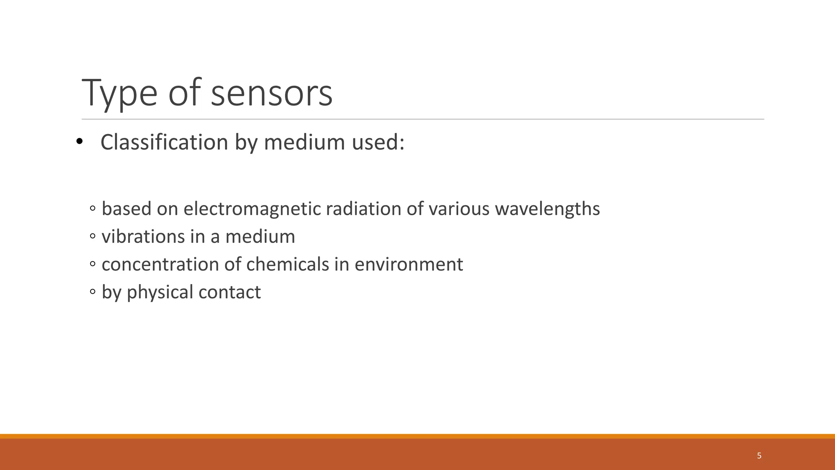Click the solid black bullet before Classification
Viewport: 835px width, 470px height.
tap(79, 141)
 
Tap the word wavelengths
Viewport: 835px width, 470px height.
tap(547, 209)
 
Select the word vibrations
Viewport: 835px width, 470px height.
tap(143, 236)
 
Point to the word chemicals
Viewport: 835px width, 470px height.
tap(287, 264)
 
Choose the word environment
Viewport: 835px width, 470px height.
tap(409, 264)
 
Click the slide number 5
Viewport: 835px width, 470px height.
tap(759, 456)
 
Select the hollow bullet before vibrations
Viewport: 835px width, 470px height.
tap(93, 236)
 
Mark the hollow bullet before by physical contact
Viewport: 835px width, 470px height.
tap(93, 292)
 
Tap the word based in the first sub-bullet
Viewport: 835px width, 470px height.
tap(126, 209)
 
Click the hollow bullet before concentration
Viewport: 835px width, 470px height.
tap(93, 264)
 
